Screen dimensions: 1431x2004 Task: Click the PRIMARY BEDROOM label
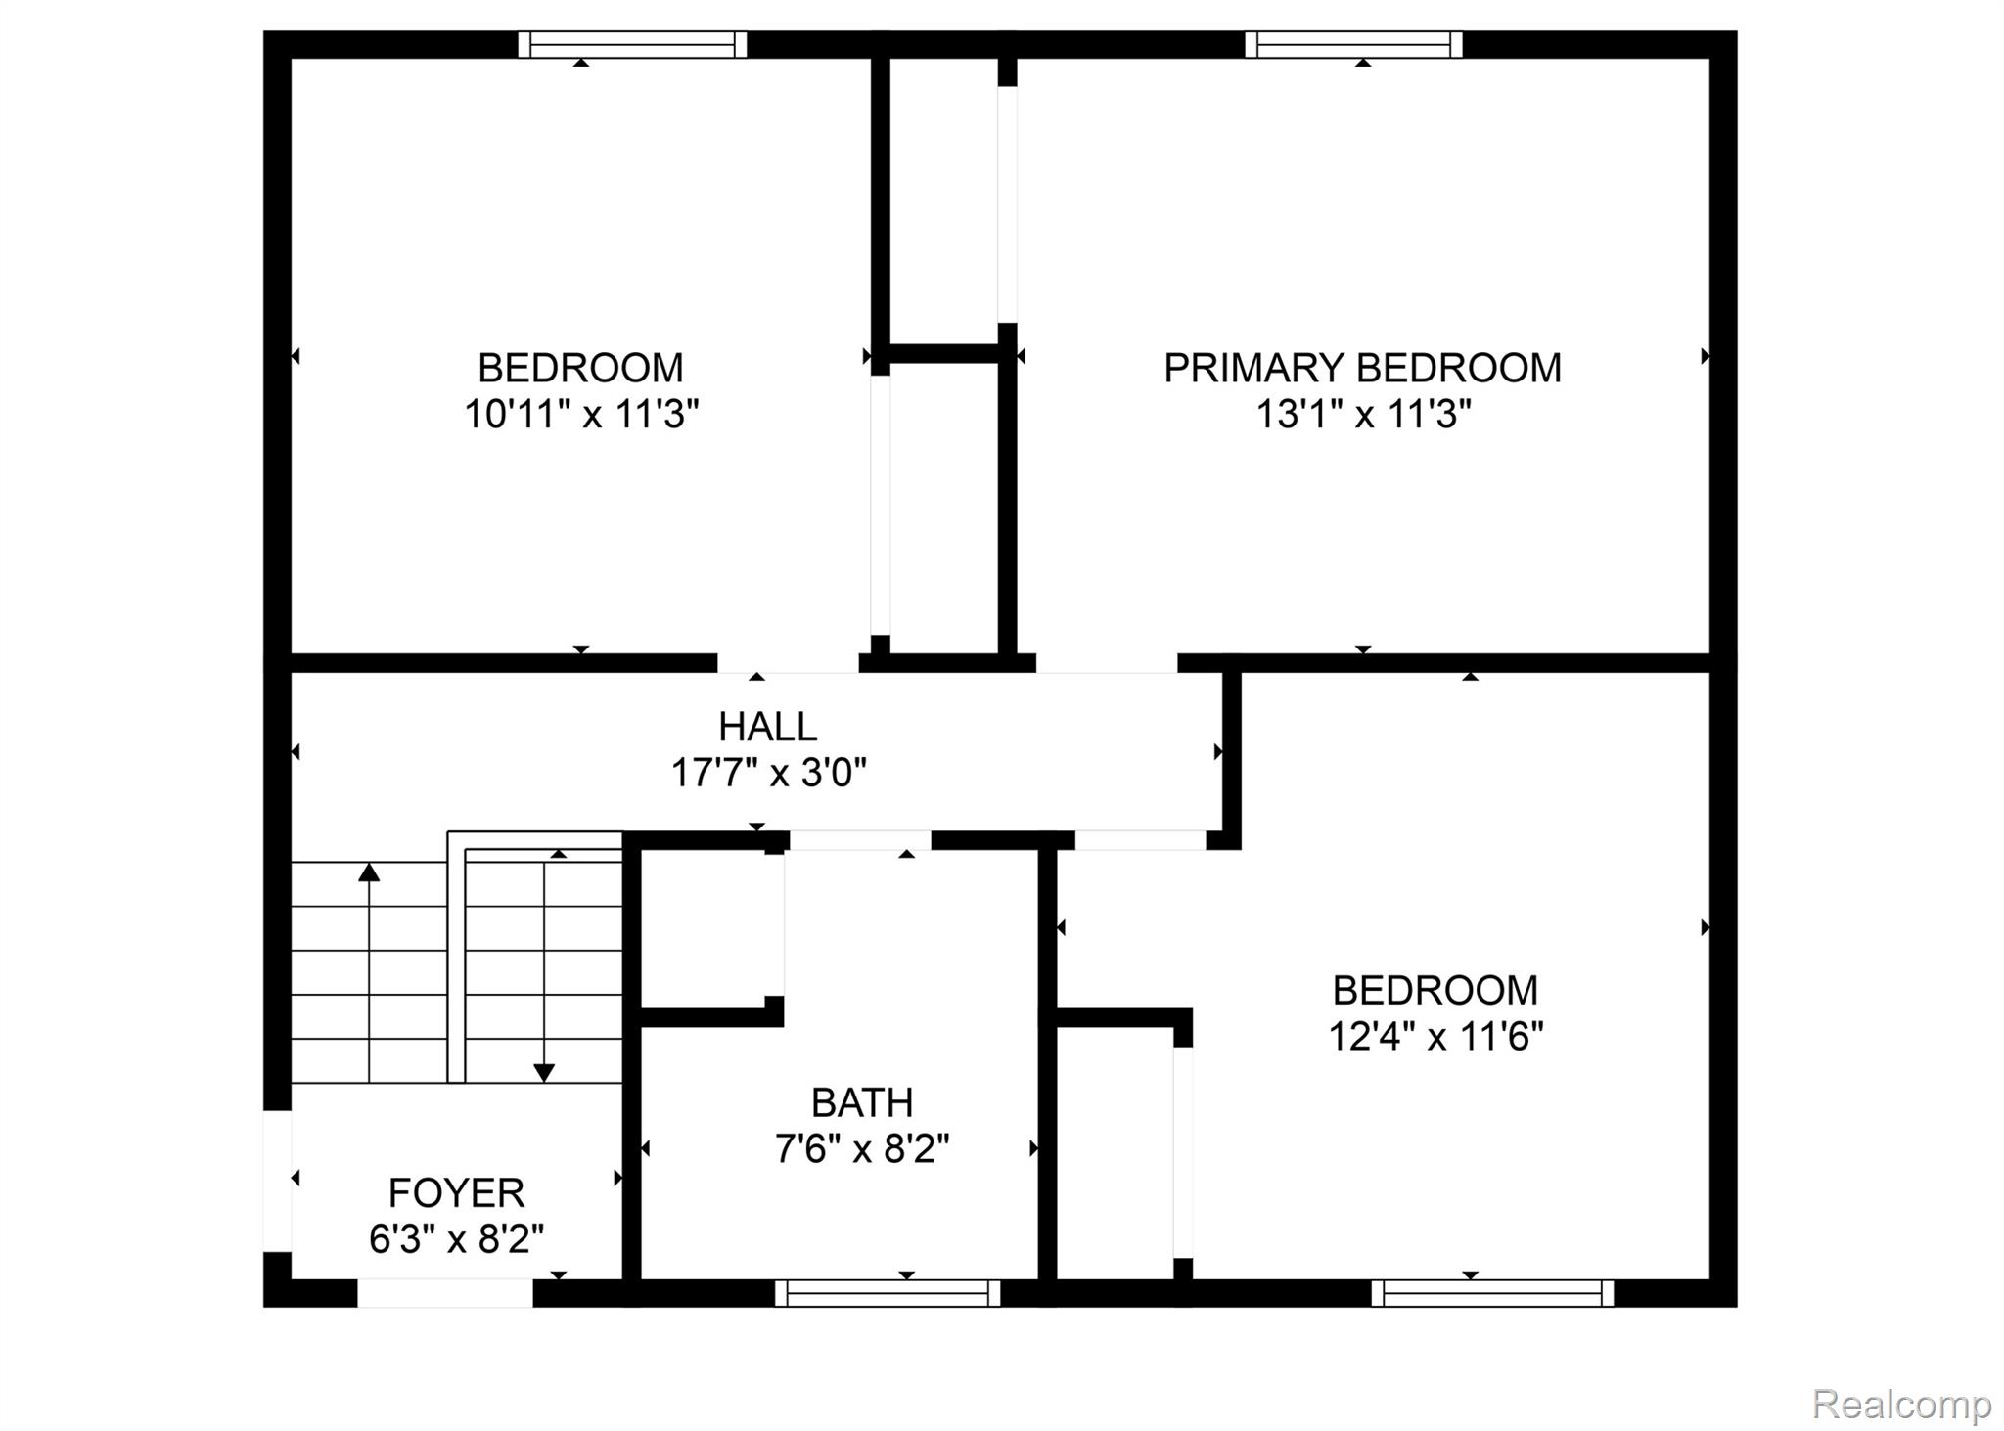tap(1362, 368)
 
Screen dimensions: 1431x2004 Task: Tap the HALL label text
tap(767, 727)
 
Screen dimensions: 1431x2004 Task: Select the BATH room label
tap(862, 1102)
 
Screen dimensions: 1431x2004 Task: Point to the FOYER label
tap(456, 1192)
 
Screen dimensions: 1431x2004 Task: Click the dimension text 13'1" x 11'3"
tap(1363, 415)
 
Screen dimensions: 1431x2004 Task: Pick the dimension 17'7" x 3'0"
tap(768, 774)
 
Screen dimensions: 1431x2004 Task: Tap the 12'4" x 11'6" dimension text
tap(1435, 1036)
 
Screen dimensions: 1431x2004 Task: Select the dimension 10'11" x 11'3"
tap(581, 415)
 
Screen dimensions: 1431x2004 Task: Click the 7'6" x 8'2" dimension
tap(862, 1148)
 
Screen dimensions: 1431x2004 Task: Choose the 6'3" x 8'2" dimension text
tap(456, 1239)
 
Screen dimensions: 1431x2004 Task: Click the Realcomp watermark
tap(1901, 1404)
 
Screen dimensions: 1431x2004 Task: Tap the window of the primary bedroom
tap(1353, 45)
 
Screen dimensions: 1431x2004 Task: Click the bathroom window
tap(888, 1293)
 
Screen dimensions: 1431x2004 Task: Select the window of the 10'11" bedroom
tap(632, 45)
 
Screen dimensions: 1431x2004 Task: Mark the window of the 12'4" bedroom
tap(1492, 1293)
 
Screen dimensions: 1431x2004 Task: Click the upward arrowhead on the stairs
tap(369, 872)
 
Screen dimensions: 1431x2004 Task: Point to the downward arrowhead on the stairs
tap(544, 1072)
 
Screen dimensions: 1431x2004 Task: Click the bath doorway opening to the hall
tap(859, 840)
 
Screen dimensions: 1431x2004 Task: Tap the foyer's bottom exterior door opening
tap(445, 1293)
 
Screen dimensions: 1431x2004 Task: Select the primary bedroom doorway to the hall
tap(1106, 663)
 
